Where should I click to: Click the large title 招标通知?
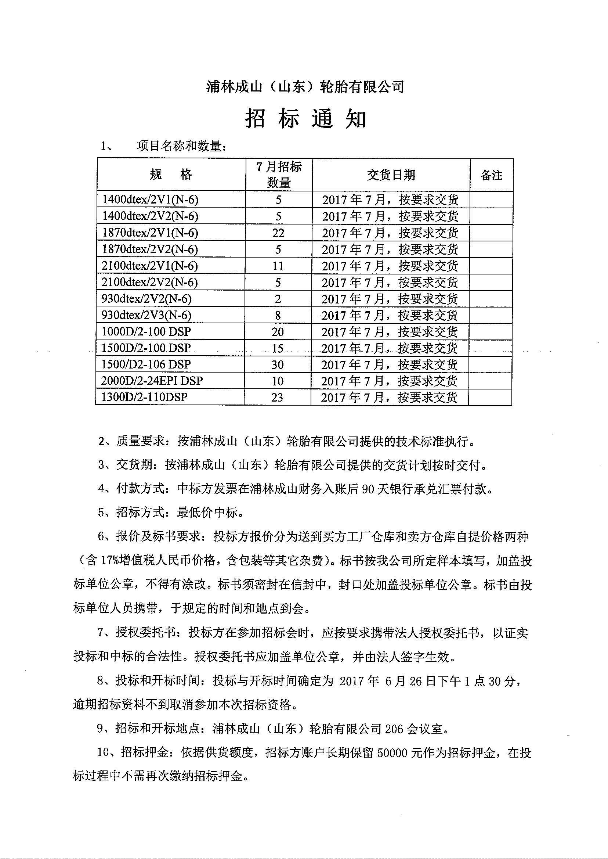coord(305,119)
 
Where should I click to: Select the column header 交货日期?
coord(391,175)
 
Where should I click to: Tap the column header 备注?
coord(491,175)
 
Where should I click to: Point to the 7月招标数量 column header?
coord(279,175)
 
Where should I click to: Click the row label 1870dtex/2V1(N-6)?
coord(150,233)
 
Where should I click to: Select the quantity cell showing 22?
coord(278,233)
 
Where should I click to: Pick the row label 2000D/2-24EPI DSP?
coord(152,381)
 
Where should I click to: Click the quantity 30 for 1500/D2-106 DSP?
coord(278,364)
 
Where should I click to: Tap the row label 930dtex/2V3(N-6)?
coord(146,316)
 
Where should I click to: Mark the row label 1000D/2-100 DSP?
coord(146,331)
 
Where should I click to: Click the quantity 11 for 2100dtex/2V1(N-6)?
coord(278,266)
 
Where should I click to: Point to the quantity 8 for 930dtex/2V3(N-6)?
coord(278,316)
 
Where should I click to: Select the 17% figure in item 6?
coord(110,560)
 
